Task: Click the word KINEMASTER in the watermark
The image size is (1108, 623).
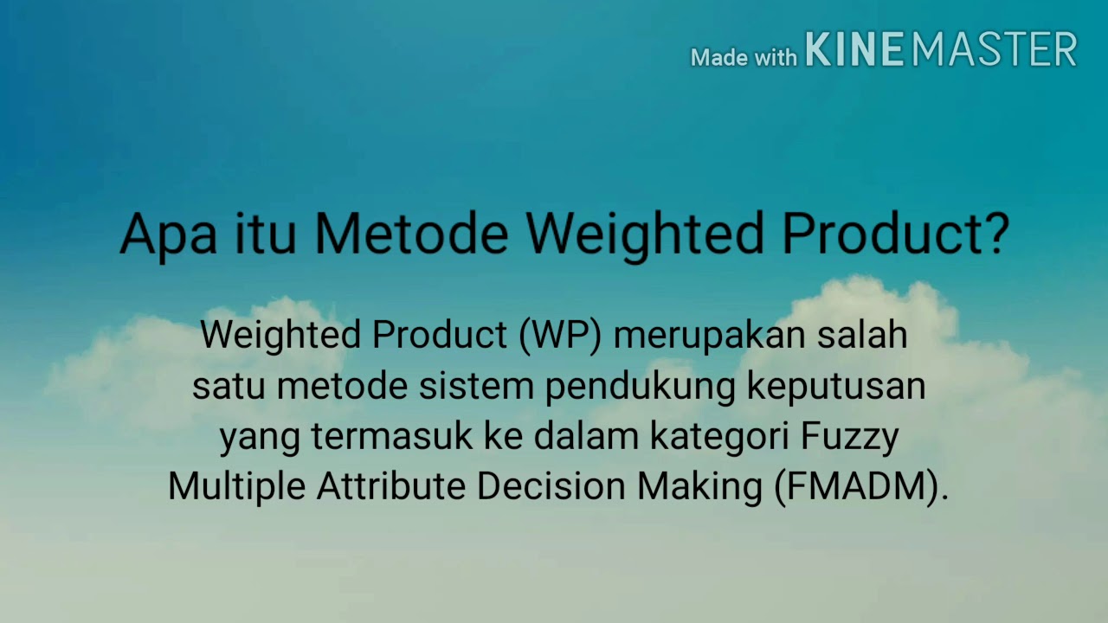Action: tap(941, 49)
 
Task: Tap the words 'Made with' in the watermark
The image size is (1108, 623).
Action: tap(744, 57)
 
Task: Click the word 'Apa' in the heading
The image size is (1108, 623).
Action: tap(168, 234)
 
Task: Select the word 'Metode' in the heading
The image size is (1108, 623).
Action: tap(411, 234)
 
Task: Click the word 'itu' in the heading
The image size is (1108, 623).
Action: tap(268, 234)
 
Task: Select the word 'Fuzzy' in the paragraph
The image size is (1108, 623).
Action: tap(849, 438)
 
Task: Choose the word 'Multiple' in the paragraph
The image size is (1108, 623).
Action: tap(236, 487)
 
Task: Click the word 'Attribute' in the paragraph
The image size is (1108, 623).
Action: tap(390, 486)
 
